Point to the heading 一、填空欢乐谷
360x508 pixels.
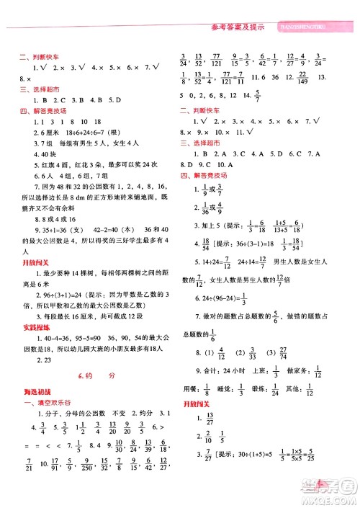coord(50,404)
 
